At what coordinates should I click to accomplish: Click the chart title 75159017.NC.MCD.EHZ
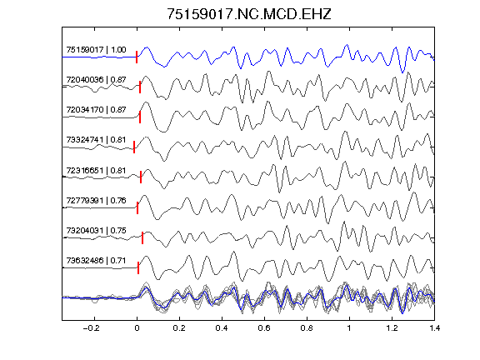coord(249,14)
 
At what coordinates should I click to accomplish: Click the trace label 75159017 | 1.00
coord(96,50)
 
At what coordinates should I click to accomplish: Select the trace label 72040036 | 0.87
coord(96,80)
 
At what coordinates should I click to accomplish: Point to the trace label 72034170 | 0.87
coord(96,110)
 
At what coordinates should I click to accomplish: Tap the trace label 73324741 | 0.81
coord(96,140)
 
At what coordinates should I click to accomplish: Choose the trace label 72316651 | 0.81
coord(96,170)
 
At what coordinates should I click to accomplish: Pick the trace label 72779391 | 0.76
coord(96,201)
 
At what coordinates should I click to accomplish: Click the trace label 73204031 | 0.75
coord(96,230)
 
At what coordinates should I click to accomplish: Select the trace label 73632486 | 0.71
coord(96,261)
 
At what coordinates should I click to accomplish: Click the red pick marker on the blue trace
coord(137,57)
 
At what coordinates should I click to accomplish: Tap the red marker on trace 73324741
coord(134,147)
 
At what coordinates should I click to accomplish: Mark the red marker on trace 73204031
coord(142,238)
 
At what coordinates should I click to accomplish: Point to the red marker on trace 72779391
coord(137,207)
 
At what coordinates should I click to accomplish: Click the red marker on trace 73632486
coord(138,267)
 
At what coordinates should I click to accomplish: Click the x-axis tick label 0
coord(137,328)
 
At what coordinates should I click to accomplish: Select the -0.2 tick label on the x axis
coord(92,328)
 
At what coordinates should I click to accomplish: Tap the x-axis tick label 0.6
coord(264,328)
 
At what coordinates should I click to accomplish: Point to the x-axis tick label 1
coord(349,328)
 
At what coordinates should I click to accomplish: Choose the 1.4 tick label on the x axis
coord(434,328)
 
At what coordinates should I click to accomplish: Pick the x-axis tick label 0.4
coord(222,328)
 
